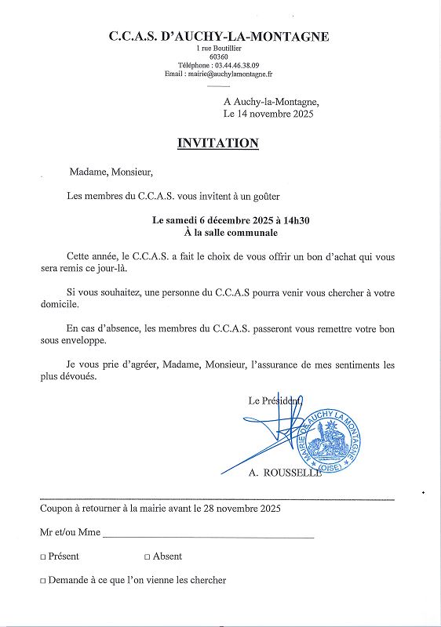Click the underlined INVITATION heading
click(218, 143)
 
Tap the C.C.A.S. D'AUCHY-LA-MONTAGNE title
click(219, 37)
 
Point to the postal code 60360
click(219, 57)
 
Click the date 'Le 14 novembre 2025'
click(268, 114)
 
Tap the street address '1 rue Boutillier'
click(219, 49)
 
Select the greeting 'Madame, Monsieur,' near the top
click(111, 172)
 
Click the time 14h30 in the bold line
click(294, 220)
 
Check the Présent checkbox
click(43, 557)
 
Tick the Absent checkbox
click(148, 557)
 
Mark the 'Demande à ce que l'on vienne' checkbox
click(43, 582)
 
